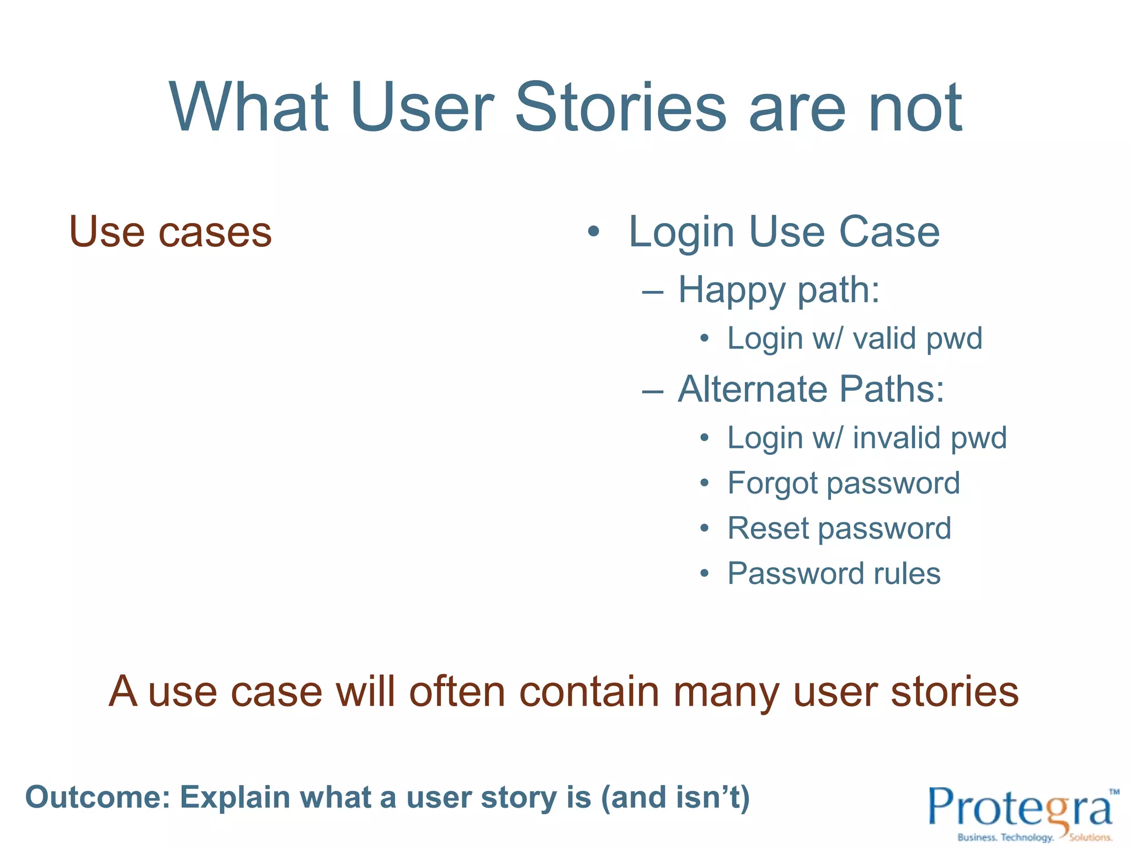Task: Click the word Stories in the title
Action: (620, 108)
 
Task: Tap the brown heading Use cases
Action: (170, 232)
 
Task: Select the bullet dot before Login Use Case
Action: (593, 232)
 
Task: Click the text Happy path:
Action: (779, 290)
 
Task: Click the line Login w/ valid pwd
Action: (854, 338)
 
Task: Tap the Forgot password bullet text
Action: (844, 483)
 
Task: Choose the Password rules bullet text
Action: (834, 574)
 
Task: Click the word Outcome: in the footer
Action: (98, 798)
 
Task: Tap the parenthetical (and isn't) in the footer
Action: (675, 798)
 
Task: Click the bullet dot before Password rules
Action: (704, 574)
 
